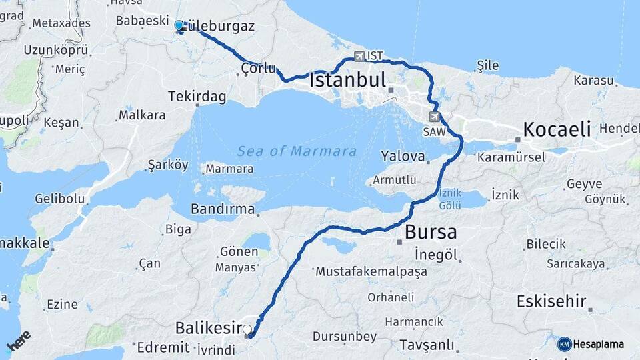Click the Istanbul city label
(347, 81)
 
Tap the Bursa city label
(431, 233)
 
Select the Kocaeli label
(557, 129)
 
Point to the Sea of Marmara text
(297, 151)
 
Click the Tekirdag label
(197, 97)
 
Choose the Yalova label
(403, 156)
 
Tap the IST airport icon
(361, 56)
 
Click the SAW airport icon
(435, 117)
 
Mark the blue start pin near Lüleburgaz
(179, 26)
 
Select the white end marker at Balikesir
(247, 329)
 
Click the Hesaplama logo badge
(564, 344)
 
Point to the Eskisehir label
(551, 301)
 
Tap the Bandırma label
(223, 209)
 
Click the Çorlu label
(258, 68)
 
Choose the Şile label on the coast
(488, 65)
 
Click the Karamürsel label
(511, 158)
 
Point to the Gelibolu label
(60, 198)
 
